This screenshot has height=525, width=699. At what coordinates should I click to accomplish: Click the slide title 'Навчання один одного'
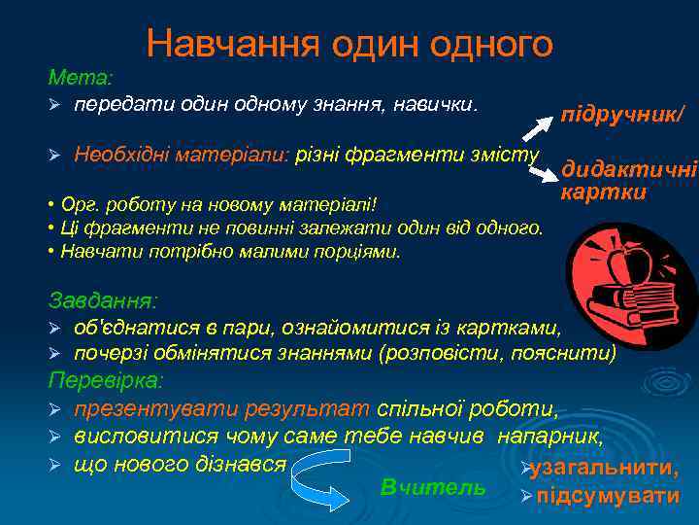click(x=349, y=43)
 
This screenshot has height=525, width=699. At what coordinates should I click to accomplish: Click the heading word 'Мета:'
click(x=81, y=76)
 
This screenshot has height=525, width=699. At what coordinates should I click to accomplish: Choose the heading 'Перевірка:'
click(x=107, y=378)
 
